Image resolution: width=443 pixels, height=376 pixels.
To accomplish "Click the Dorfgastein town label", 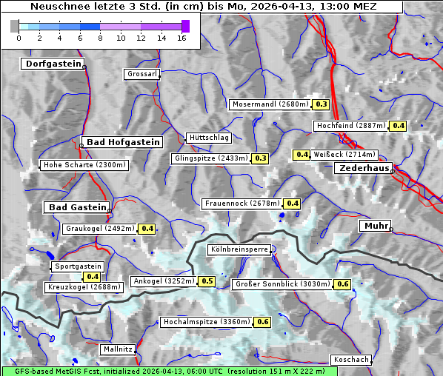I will [53, 64].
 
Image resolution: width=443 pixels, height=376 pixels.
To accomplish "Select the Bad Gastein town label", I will [78, 207].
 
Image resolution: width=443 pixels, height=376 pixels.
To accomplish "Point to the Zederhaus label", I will [364, 169].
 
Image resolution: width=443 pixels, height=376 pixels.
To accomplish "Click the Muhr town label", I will [375, 226].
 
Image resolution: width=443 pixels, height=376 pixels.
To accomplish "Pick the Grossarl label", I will [141, 74].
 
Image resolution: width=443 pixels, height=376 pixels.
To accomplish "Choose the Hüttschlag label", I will [209, 138].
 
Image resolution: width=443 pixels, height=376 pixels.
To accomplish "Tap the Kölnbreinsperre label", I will [240, 250].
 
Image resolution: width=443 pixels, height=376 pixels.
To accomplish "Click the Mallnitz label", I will [118, 349].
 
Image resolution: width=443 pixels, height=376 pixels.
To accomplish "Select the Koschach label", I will [351, 360].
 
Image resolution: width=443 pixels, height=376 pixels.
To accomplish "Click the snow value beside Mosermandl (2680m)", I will [322, 104].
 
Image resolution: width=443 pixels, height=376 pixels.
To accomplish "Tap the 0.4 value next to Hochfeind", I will [399, 126].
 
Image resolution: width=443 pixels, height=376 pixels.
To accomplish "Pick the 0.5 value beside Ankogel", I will [207, 281].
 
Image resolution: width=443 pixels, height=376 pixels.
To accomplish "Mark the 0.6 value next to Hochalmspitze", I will [263, 322].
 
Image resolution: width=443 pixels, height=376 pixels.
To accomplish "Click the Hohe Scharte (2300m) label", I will [84, 165].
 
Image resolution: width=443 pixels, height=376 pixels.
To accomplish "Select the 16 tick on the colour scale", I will [181, 38].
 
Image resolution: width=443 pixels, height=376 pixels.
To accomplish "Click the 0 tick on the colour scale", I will [19, 38].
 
